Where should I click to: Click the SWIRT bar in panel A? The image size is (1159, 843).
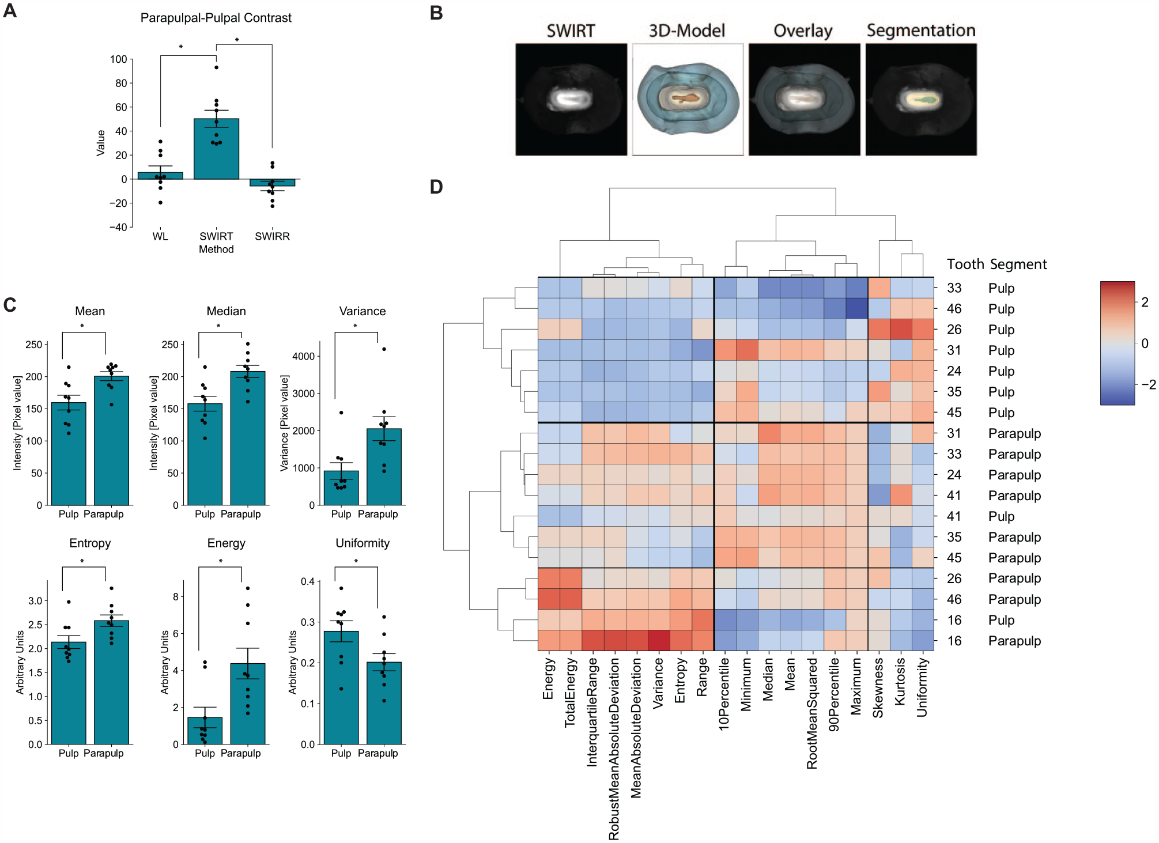click(x=216, y=149)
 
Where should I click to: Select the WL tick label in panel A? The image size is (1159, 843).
click(x=160, y=236)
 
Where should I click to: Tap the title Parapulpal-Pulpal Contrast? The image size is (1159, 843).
click(x=216, y=18)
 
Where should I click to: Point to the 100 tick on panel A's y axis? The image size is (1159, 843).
click(x=119, y=59)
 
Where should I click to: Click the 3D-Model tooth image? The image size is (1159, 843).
click(x=688, y=99)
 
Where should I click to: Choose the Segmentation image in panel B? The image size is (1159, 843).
click(x=921, y=99)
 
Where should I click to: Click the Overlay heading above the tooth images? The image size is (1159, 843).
click(x=803, y=31)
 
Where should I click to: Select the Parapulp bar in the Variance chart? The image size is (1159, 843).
click(x=384, y=467)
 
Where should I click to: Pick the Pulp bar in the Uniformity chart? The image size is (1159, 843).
click(x=341, y=687)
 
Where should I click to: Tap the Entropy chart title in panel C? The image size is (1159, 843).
click(x=90, y=543)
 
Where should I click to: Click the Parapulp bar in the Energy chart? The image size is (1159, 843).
click(x=248, y=704)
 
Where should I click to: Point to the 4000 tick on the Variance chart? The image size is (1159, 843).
click(x=304, y=356)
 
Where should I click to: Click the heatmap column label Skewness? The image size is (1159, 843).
click(x=878, y=688)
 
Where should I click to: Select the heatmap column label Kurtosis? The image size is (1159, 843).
click(x=900, y=682)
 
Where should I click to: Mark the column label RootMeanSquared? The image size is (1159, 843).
click(x=811, y=713)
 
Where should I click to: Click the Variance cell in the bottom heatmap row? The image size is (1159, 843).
click(x=659, y=641)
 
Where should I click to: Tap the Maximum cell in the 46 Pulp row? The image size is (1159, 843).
click(x=857, y=309)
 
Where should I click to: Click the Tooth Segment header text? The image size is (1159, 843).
click(x=996, y=264)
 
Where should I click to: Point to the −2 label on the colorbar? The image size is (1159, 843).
click(x=1148, y=385)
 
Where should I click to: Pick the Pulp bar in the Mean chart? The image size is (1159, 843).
click(x=69, y=453)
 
